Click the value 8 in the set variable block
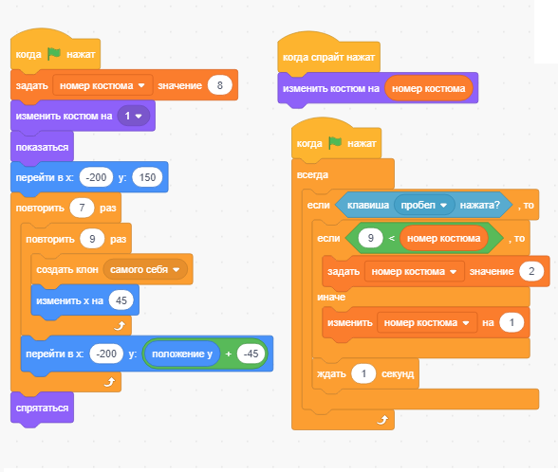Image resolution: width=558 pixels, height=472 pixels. (x=220, y=85)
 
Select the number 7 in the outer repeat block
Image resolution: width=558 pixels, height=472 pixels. (x=82, y=208)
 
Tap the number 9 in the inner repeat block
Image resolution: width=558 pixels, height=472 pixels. (x=92, y=239)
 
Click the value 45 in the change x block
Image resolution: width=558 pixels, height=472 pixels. (x=121, y=300)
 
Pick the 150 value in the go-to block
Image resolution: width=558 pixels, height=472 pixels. (x=147, y=177)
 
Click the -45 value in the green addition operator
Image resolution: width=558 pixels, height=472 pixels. (x=251, y=354)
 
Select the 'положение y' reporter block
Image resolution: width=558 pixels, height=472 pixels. (x=182, y=354)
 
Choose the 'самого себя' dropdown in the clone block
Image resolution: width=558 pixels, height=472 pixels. (x=145, y=269)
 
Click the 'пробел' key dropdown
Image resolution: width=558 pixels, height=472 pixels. (x=424, y=205)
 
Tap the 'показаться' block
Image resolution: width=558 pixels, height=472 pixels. (x=42, y=147)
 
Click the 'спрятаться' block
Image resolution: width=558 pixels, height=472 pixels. (x=42, y=408)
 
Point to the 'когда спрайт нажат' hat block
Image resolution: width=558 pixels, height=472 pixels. (x=328, y=56)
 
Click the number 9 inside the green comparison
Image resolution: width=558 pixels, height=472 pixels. (x=370, y=238)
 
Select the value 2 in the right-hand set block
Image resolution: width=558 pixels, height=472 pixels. (x=531, y=271)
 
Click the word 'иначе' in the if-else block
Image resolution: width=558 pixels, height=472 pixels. (x=331, y=297)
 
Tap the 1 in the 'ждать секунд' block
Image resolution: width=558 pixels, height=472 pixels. (x=363, y=373)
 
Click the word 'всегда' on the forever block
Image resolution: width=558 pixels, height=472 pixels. (x=312, y=174)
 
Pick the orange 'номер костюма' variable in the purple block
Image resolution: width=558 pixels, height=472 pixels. (x=429, y=88)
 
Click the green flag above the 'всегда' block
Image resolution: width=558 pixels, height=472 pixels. (x=335, y=143)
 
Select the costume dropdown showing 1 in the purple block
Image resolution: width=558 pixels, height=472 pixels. (x=134, y=116)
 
